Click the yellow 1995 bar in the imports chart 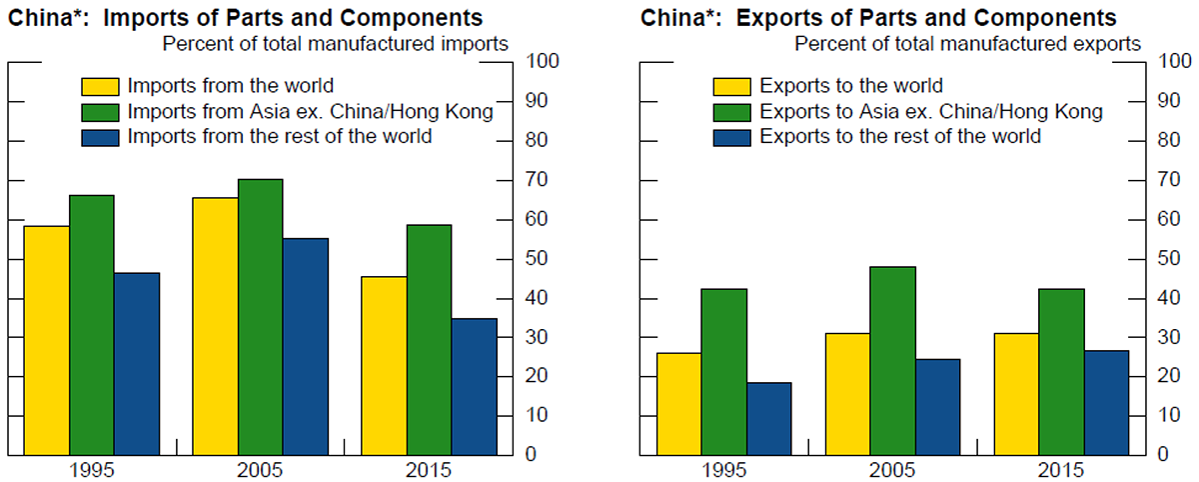click(x=47, y=340)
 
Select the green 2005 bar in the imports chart click(x=261, y=316)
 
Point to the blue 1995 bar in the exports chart click(x=768, y=418)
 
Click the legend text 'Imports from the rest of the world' click(x=280, y=136)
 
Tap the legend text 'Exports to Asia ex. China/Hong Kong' click(x=931, y=111)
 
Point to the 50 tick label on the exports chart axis click(x=1168, y=259)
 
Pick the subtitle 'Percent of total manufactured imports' click(x=335, y=43)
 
